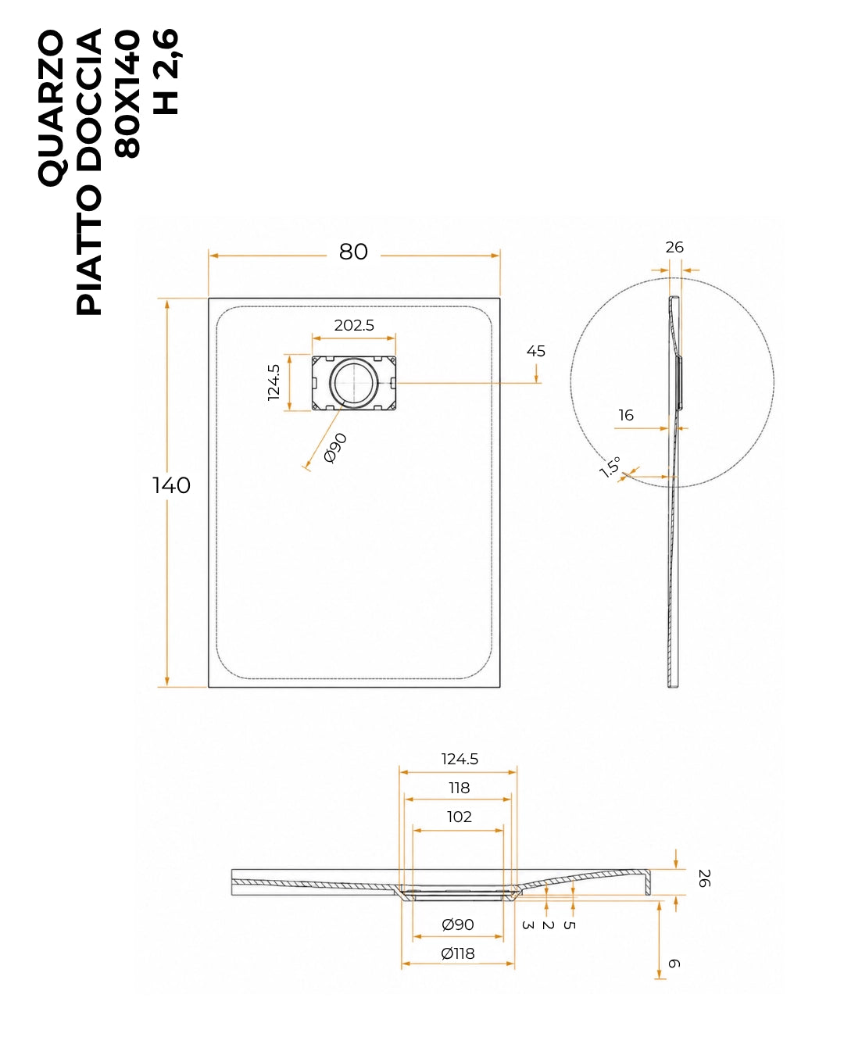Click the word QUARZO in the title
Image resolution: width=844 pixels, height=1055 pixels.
tap(51, 108)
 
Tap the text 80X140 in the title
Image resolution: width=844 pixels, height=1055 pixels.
tap(127, 93)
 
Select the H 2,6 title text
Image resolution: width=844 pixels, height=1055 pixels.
tap(166, 72)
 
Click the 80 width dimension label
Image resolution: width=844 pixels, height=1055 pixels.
tap(353, 252)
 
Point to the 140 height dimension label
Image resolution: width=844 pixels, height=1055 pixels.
tap(171, 485)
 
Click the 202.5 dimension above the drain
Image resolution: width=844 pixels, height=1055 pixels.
tap(354, 325)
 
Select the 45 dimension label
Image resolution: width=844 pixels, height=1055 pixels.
tap(535, 351)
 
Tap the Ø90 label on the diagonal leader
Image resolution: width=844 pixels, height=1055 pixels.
tap(336, 448)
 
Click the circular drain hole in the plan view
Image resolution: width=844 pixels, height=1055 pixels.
tap(354, 382)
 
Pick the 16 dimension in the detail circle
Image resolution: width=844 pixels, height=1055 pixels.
tap(626, 415)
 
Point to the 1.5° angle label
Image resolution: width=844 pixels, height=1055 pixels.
tap(610, 467)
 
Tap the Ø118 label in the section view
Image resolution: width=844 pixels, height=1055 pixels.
tap(457, 953)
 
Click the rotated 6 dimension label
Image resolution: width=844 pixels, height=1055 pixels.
tap(674, 964)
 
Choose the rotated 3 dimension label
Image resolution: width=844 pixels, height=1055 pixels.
tap(527, 925)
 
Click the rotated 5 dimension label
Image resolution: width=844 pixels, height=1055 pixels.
tap(569, 925)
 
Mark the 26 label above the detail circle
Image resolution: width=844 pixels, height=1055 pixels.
tap(674, 247)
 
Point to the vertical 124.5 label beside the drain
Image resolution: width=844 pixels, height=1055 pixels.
tap(274, 382)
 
